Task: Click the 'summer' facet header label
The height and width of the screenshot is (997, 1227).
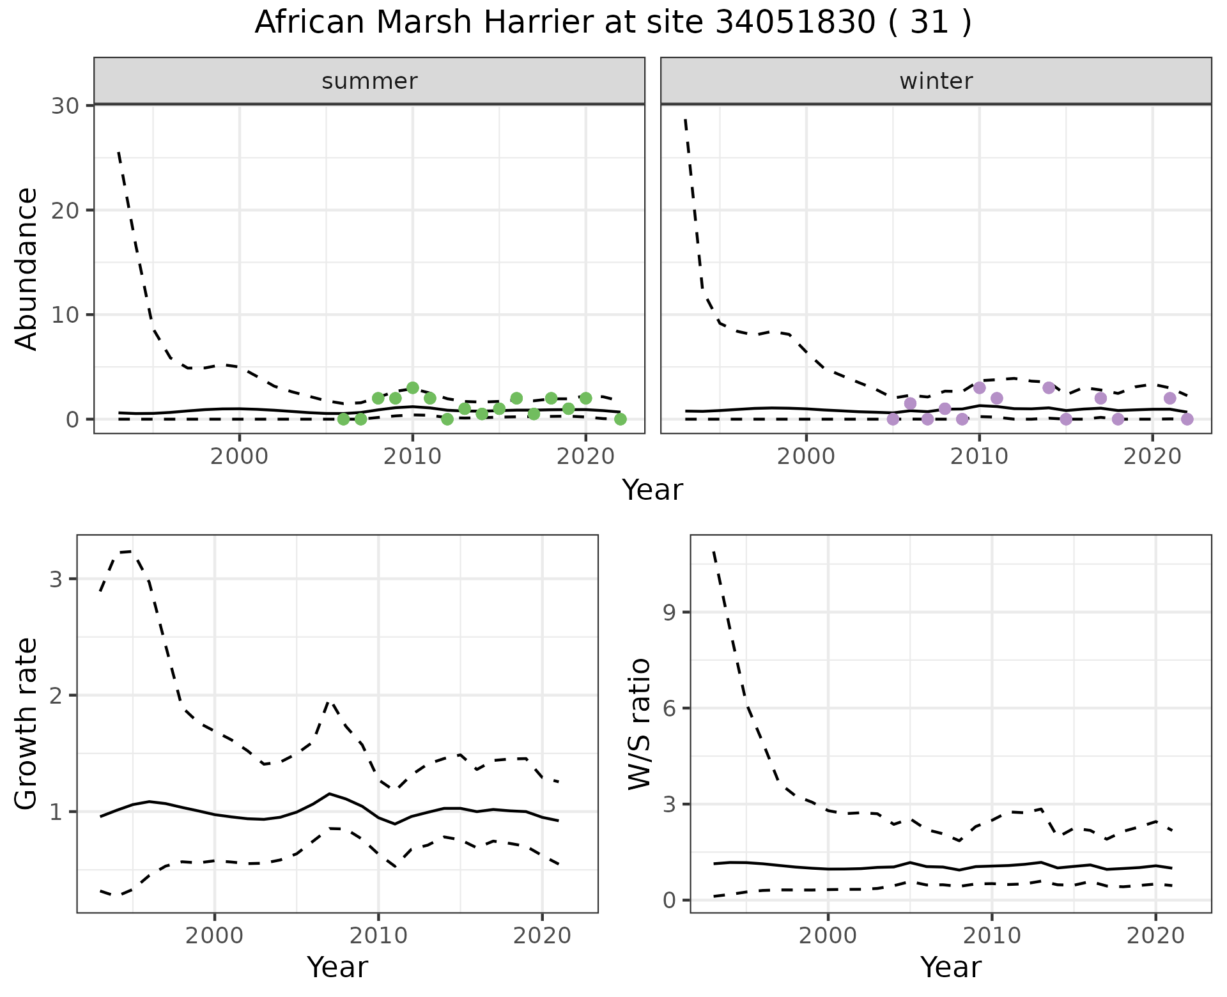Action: tap(369, 81)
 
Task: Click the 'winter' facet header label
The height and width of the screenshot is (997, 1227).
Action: tap(936, 81)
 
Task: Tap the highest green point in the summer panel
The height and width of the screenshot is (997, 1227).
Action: tap(412, 388)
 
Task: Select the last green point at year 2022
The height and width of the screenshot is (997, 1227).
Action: tap(620, 419)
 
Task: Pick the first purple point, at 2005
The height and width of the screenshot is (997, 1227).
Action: tap(893, 419)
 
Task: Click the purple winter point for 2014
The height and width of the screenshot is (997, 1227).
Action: tap(1049, 388)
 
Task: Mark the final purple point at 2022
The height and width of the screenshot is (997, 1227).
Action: tap(1187, 419)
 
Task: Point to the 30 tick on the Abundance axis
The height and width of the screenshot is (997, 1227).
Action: tap(65, 105)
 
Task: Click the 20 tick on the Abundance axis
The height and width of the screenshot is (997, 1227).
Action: tap(65, 210)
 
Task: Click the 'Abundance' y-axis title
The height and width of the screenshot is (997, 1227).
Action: tap(26, 268)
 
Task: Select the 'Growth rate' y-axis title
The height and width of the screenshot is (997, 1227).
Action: tap(26, 723)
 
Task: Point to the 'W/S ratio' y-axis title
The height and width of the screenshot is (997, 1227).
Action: tap(639, 723)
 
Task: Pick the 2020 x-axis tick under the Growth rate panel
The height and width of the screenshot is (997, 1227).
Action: tap(542, 936)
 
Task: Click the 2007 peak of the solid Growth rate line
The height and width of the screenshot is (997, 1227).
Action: tap(329, 794)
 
